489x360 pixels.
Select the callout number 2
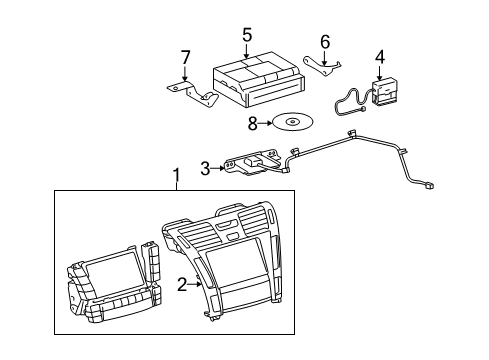tap(182, 284)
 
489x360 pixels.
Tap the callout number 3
tap(205, 168)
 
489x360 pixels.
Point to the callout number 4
tap(380, 57)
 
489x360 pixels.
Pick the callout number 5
tap(247, 35)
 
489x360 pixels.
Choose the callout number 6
tap(325, 42)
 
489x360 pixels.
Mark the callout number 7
tap(185, 57)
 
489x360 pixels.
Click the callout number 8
tap(253, 124)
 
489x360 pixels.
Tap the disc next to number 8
tap(292, 121)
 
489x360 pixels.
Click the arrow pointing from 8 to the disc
tap(265, 123)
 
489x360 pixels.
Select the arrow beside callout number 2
tap(194, 284)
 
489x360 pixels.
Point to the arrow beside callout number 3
tap(218, 168)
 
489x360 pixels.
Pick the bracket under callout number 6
tap(322, 67)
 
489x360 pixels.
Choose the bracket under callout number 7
tap(193, 95)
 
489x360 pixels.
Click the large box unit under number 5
tap(258, 79)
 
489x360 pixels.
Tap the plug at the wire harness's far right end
tap(429, 185)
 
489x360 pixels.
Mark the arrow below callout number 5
tap(246, 51)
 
